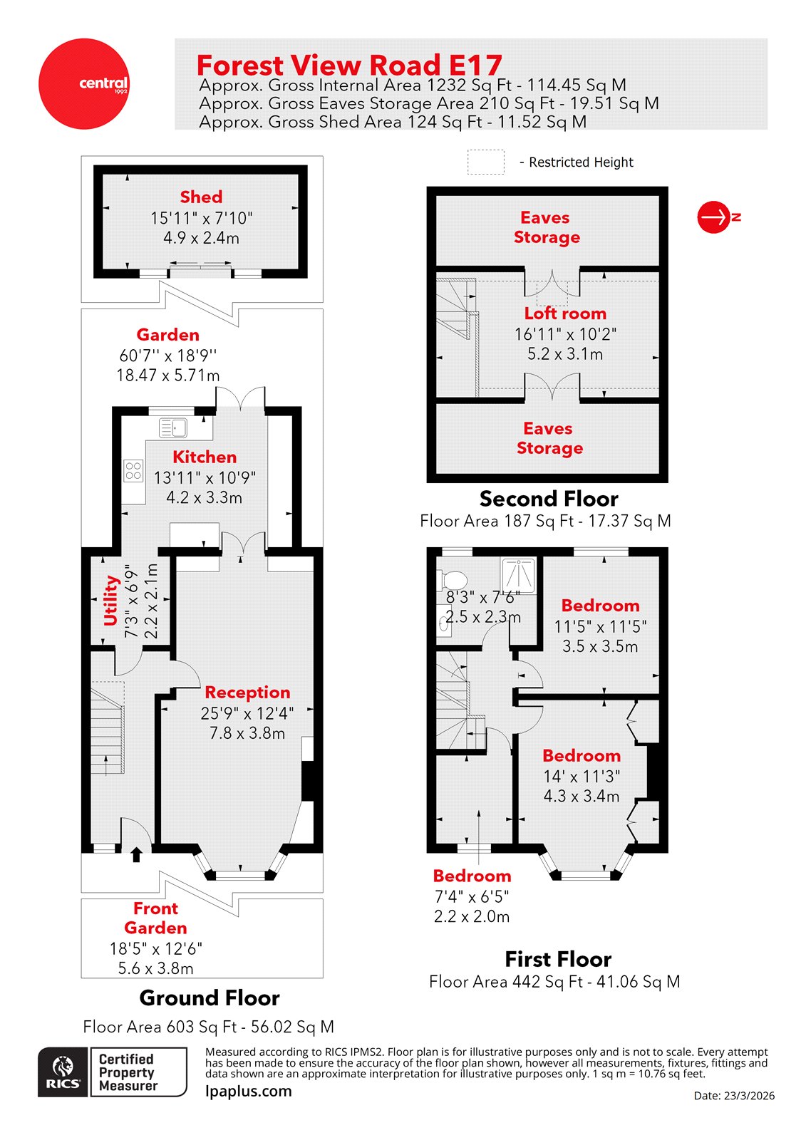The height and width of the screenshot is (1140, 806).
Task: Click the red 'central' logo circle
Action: click(x=83, y=84)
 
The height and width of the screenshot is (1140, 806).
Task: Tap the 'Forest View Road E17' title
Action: click(x=349, y=66)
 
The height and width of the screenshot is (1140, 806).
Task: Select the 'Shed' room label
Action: click(x=201, y=197)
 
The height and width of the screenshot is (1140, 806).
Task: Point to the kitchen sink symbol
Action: click(x=173, y=427)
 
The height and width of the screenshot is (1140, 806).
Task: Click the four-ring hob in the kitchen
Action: click(x=133, y=470)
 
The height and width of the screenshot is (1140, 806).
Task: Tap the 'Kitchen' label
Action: click(x=205, y=457)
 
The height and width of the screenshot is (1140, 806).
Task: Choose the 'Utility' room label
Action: click(x=111, y=600)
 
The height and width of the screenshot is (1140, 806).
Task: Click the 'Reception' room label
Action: click(x=247, y=693)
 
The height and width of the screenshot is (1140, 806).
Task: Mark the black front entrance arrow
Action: click(x=136, y=854)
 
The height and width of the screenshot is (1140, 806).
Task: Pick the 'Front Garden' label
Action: click(x=155, y=918)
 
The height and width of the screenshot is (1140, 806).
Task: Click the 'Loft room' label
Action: click(x=565, y=313)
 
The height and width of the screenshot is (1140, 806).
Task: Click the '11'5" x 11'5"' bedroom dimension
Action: click(x=600, y=627)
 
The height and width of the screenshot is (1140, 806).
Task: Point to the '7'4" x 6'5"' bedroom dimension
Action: click(x=472, y=897)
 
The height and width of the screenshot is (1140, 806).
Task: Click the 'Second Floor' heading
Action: click(x=549, y=499)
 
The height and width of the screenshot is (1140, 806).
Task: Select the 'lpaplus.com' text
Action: click(x=249, y=1091)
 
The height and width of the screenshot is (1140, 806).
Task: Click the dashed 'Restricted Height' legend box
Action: click(x=485, y=162)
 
